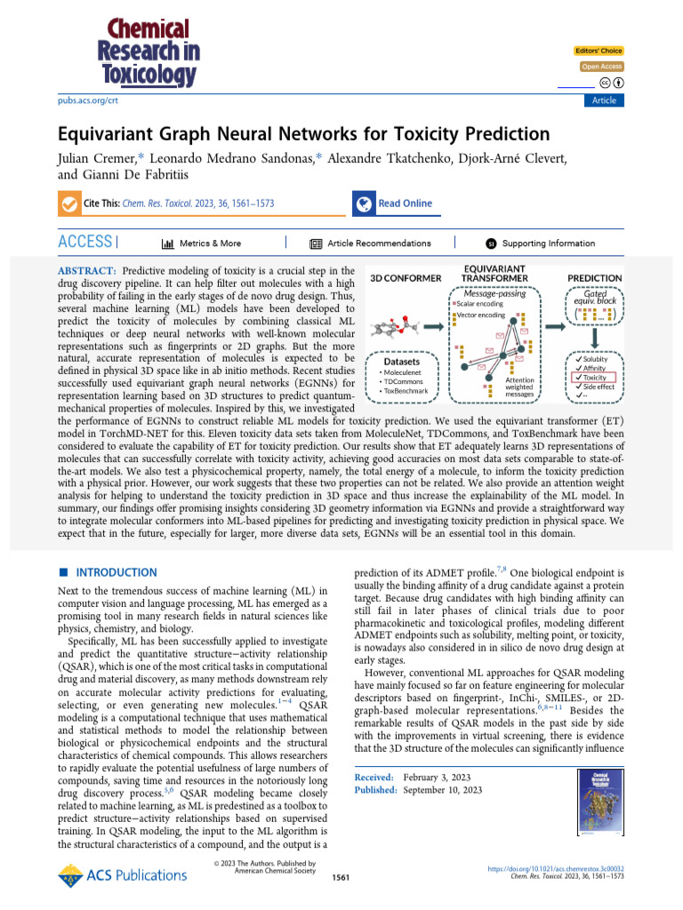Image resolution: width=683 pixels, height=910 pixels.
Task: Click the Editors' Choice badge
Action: [x=599, y=51]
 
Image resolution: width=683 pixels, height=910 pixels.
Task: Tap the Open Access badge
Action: [x=602, y=67]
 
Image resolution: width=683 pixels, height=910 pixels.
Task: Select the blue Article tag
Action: [x=603, y=100]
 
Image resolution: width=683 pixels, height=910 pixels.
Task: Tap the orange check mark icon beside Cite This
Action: [x=68, y=204]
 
